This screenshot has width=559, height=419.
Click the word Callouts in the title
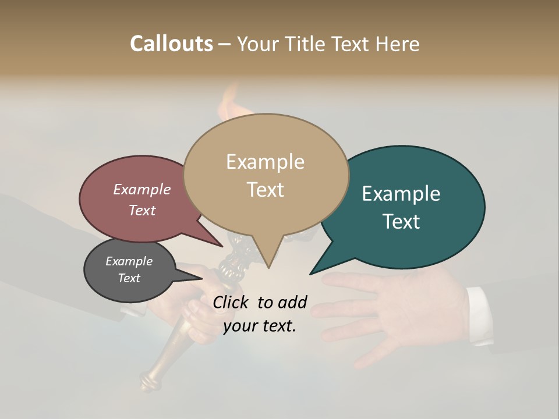(171, 44)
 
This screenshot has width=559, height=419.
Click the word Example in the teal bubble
(401, 194)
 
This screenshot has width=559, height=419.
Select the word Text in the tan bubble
(266, 190)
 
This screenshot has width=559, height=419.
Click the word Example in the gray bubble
(129, 261)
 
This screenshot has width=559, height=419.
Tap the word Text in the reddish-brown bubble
(142, 210)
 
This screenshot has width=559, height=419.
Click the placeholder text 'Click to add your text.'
(260, 314)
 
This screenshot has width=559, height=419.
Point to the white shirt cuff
(479, 314)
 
